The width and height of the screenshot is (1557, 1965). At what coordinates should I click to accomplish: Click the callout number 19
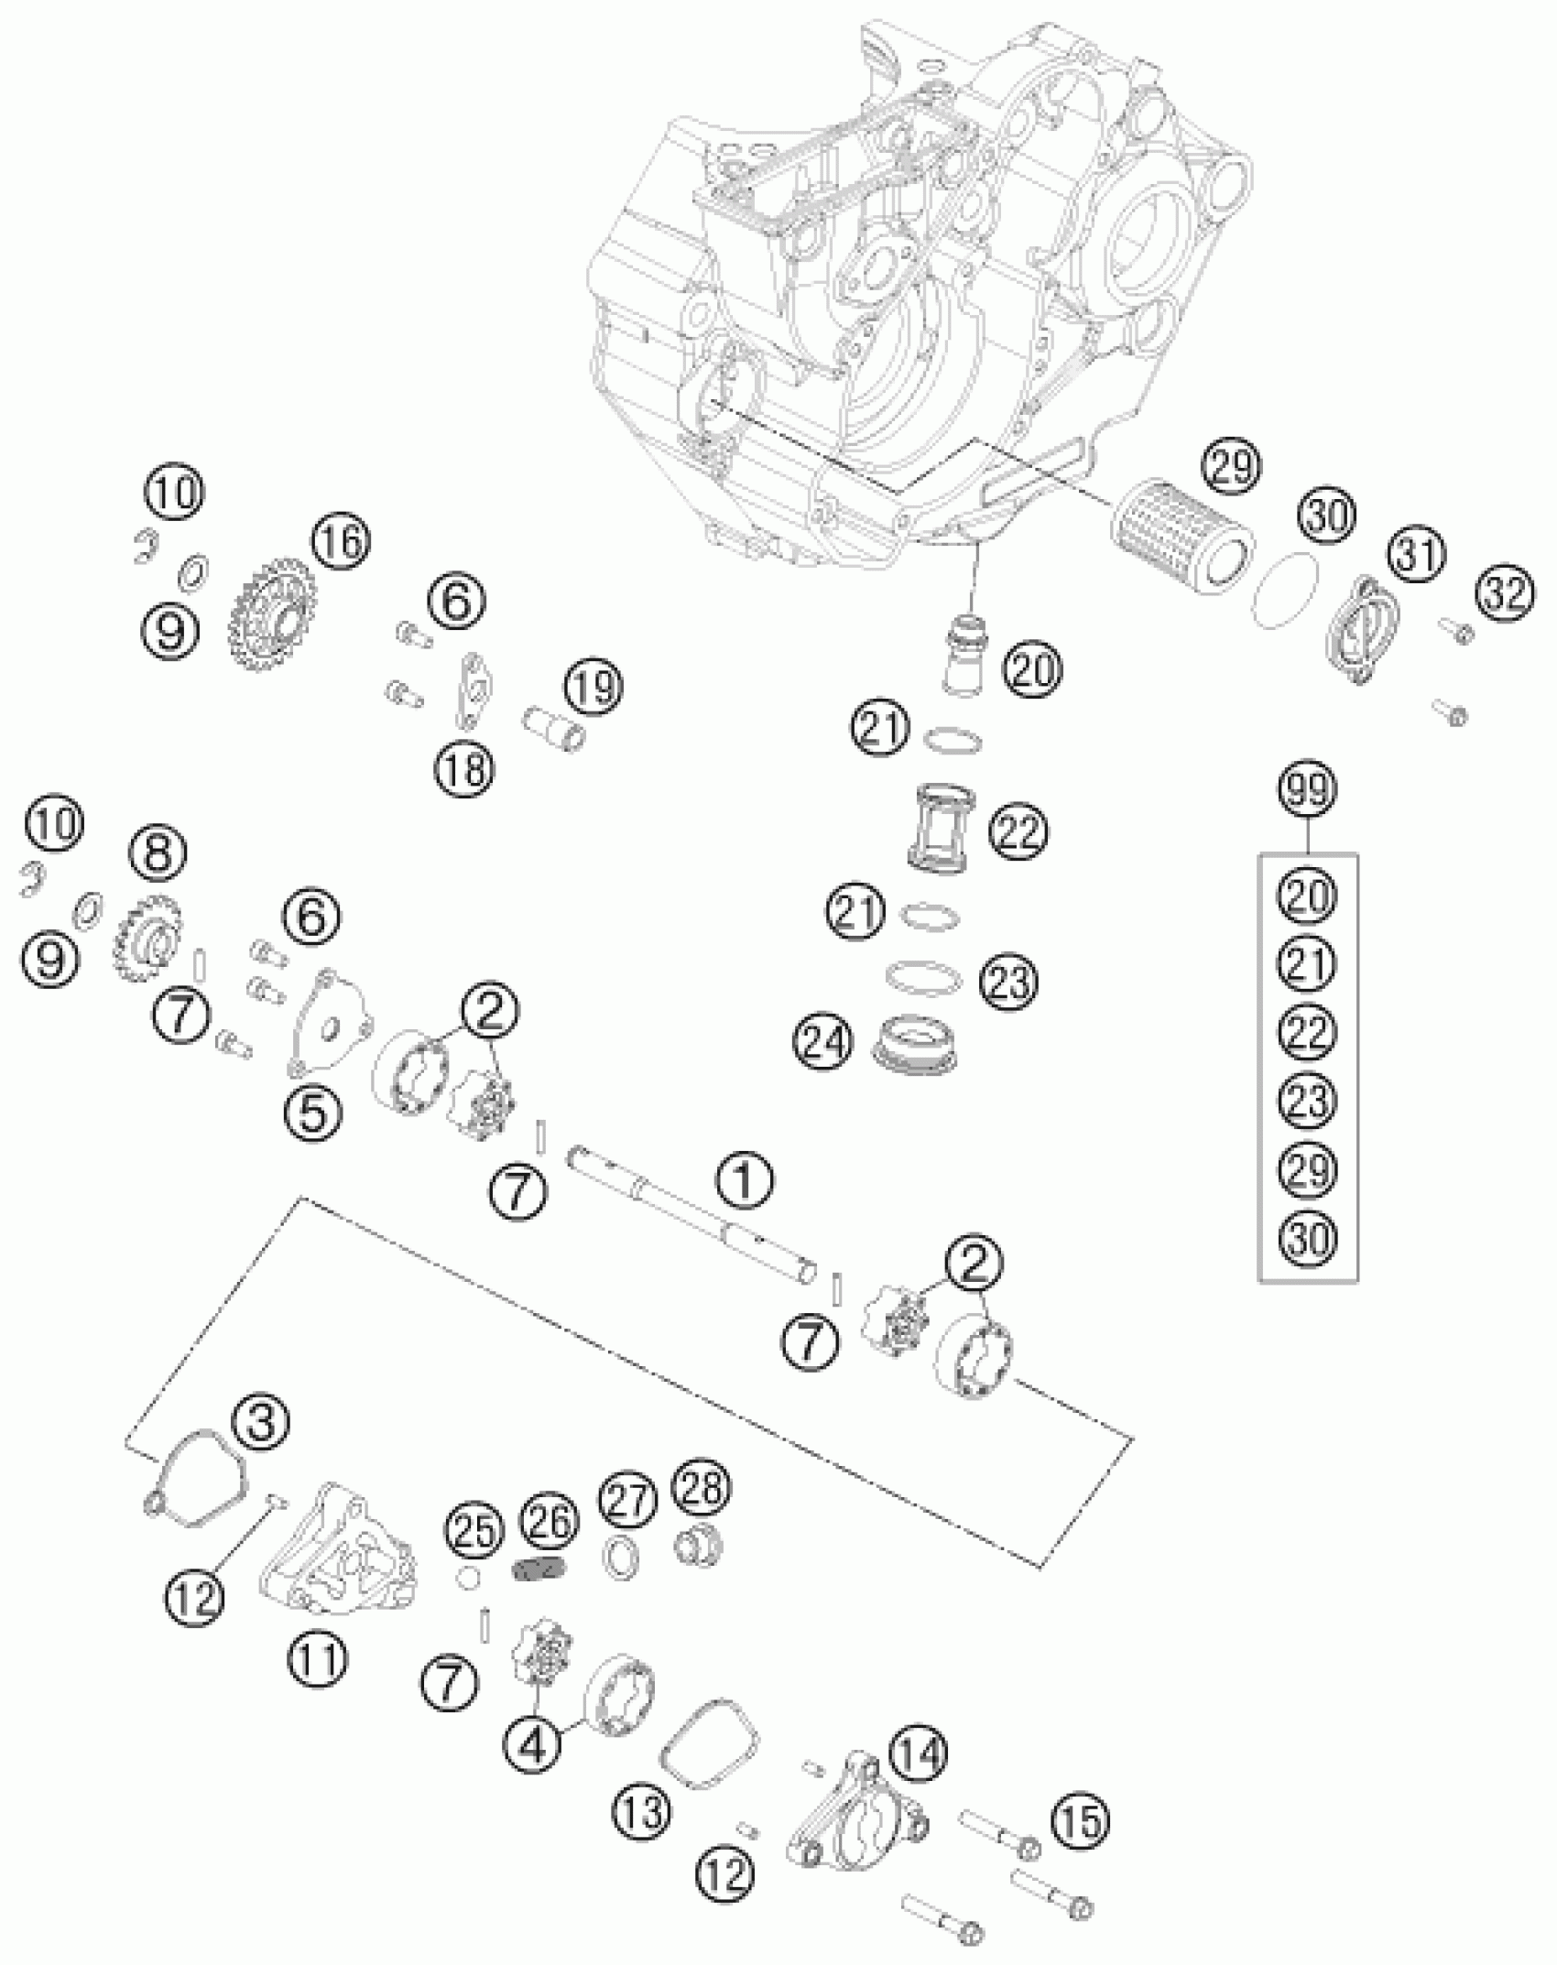(593, 687)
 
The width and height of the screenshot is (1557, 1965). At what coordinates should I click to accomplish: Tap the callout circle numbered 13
(642, 1810)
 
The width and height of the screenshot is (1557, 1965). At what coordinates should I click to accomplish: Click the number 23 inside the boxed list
(1307, 1100)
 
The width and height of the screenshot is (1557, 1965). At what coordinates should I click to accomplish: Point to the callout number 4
(535, 1745)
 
